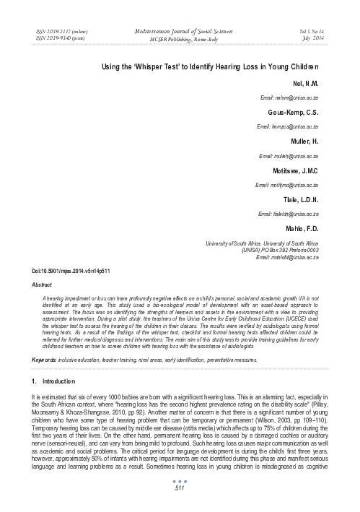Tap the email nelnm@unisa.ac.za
point(309,97)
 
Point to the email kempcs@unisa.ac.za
point(309,126)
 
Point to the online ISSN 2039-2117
point(56,33)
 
